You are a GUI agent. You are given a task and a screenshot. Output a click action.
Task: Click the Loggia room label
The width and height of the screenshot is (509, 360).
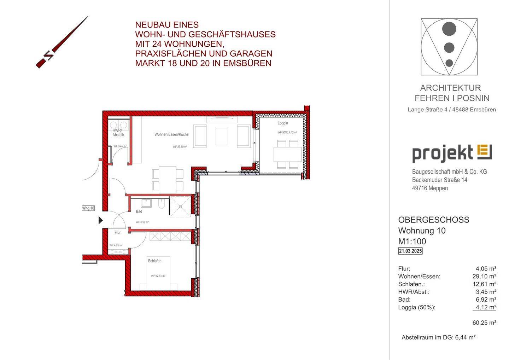(283, 123)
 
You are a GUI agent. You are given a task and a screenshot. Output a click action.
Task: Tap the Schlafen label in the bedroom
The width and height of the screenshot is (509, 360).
(154, 261)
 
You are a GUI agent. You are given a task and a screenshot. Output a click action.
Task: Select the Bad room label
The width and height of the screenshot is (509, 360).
(139, 211)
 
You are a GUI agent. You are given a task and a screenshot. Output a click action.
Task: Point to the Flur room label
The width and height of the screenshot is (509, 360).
(118, 233)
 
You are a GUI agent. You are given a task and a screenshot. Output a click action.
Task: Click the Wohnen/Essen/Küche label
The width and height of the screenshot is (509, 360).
(171, 134)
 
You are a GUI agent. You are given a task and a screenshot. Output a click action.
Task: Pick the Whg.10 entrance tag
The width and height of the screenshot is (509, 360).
(88, 208)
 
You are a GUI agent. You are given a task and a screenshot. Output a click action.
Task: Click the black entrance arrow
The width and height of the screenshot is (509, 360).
(100, 220)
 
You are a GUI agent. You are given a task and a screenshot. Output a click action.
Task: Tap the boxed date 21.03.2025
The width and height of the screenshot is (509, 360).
(410, 251)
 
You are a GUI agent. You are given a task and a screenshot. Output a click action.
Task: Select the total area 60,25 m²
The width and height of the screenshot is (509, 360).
(484, 323)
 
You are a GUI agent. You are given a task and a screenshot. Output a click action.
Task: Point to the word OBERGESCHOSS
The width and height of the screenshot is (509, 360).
(434, 220)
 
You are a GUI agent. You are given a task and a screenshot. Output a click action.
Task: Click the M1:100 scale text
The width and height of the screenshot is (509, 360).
(412, 242)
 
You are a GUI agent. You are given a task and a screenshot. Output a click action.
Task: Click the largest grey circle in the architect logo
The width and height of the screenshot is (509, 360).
(449, 29)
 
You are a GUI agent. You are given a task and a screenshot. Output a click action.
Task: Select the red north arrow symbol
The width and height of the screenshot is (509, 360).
(62, 42)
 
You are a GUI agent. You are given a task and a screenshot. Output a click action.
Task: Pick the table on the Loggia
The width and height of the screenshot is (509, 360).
(287, 154)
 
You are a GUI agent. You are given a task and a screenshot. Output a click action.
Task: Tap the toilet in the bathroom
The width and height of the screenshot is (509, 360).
(162, 204)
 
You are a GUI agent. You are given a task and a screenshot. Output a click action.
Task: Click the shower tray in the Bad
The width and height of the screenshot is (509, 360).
(180, 207)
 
